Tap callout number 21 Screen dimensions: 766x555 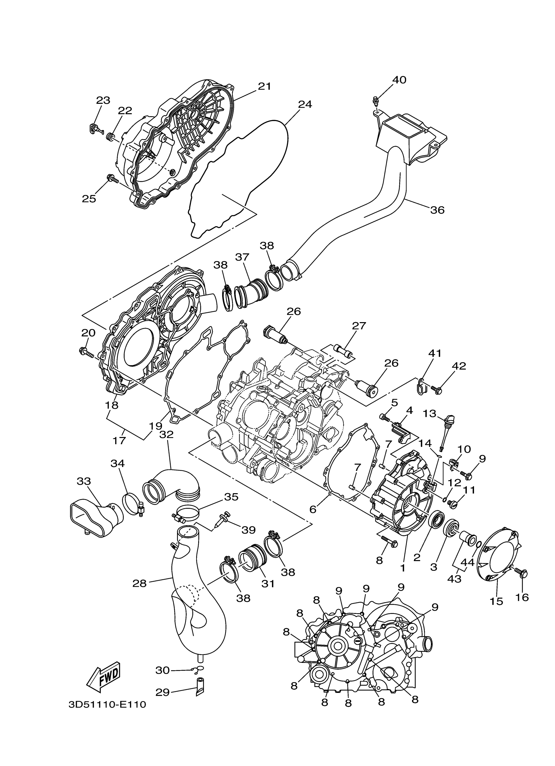point(264,86)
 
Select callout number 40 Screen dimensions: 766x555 point(399,80)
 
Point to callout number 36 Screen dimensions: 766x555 point(437,210)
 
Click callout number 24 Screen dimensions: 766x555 point(305,104)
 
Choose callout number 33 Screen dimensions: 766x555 point(84,481)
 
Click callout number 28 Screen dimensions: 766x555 point(139,583)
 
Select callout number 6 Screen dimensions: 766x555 point(313,509)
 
